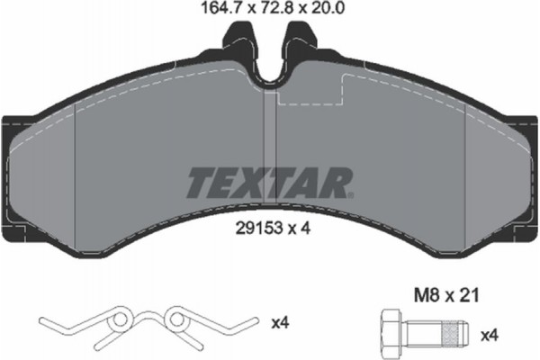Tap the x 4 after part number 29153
click(x=300, y=229)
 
